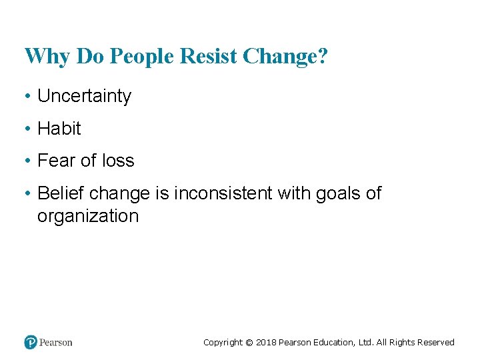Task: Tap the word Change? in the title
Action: [285, 57]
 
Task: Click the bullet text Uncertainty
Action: [84, 96]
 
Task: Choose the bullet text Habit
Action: [59, 129]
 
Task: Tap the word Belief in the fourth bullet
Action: [61, 193]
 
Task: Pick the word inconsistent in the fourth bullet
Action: [223, 193]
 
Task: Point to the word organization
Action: [88, 216]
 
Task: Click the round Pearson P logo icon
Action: [31, 342]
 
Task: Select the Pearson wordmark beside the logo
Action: [56, 343]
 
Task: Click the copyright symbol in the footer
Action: [249, 343]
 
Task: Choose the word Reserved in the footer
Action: [435, 343]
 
